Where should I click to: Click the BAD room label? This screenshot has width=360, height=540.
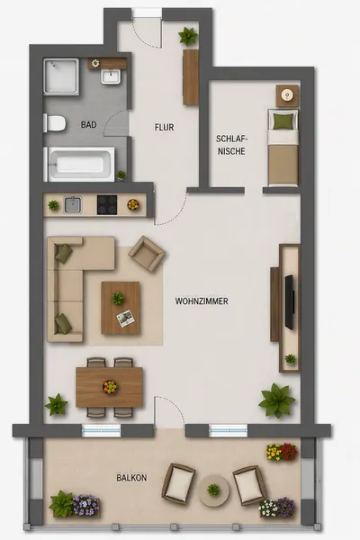click(x=88, y=125)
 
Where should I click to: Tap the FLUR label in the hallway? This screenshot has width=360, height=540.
click(x=165, y=128)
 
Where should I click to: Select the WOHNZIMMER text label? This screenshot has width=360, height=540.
click(x=202, y=301)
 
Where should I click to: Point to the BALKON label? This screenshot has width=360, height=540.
click(x=131, y=478)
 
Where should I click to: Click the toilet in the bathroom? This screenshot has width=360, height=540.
click(x=55, y=123)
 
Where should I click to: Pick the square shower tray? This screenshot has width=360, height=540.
click(x=61, y=76)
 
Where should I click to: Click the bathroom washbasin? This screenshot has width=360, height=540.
click(x=111, y=76)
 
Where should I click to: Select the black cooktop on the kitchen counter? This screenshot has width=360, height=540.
click(x=107, y=205)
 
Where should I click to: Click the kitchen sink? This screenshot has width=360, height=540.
click(x=73, y=205)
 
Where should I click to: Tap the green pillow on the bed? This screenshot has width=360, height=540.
click(x=283, y=121)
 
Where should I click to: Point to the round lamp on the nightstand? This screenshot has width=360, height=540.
click(x=286, y=94)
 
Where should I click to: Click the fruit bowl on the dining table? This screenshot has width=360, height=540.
click(x=110, y=387)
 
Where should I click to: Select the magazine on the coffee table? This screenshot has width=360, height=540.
click(x=125, y=319)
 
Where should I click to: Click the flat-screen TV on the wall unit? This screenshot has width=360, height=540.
click(x=290, y=302)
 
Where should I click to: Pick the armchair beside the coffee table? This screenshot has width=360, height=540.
click(x=147, y=254)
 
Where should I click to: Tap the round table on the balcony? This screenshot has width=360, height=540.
click(x=213, y=490)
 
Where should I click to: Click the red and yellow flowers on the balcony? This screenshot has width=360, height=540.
click(x=282, y=452)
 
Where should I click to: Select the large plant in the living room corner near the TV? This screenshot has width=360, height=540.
click(x=276, y=400)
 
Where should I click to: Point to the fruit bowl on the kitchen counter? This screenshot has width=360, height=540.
click(x=133, y=204)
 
